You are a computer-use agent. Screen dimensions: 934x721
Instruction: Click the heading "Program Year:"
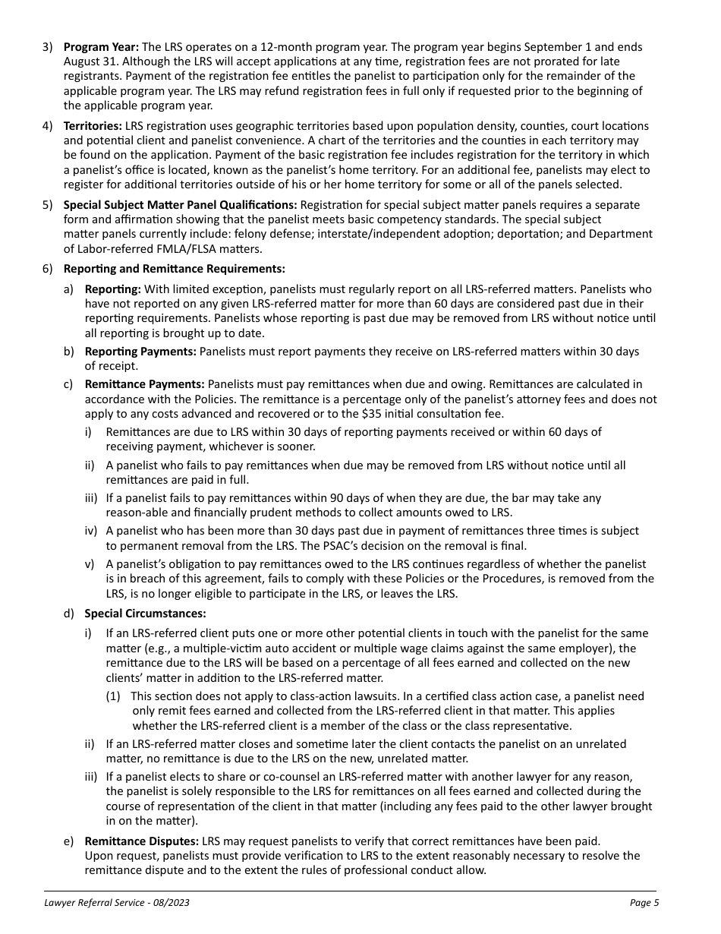(101, 47)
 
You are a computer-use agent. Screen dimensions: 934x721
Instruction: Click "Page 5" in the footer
(644, 903)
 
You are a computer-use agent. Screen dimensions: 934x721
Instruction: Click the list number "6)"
(47, 269)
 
